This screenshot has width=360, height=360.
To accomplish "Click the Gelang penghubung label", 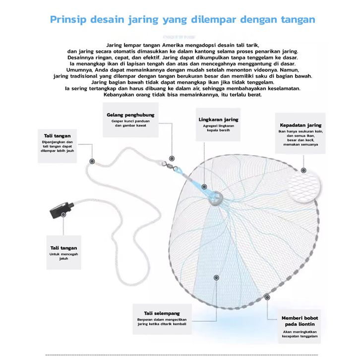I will [130, 115].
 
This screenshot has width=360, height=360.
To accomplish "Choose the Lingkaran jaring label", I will [219, 120].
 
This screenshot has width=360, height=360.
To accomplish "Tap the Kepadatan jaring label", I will [300, 125].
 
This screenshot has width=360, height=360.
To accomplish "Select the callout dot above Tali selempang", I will [216, 278].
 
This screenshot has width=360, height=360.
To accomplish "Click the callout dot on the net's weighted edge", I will [268, 298].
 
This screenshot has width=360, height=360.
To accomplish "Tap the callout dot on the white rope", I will [92, 161].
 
